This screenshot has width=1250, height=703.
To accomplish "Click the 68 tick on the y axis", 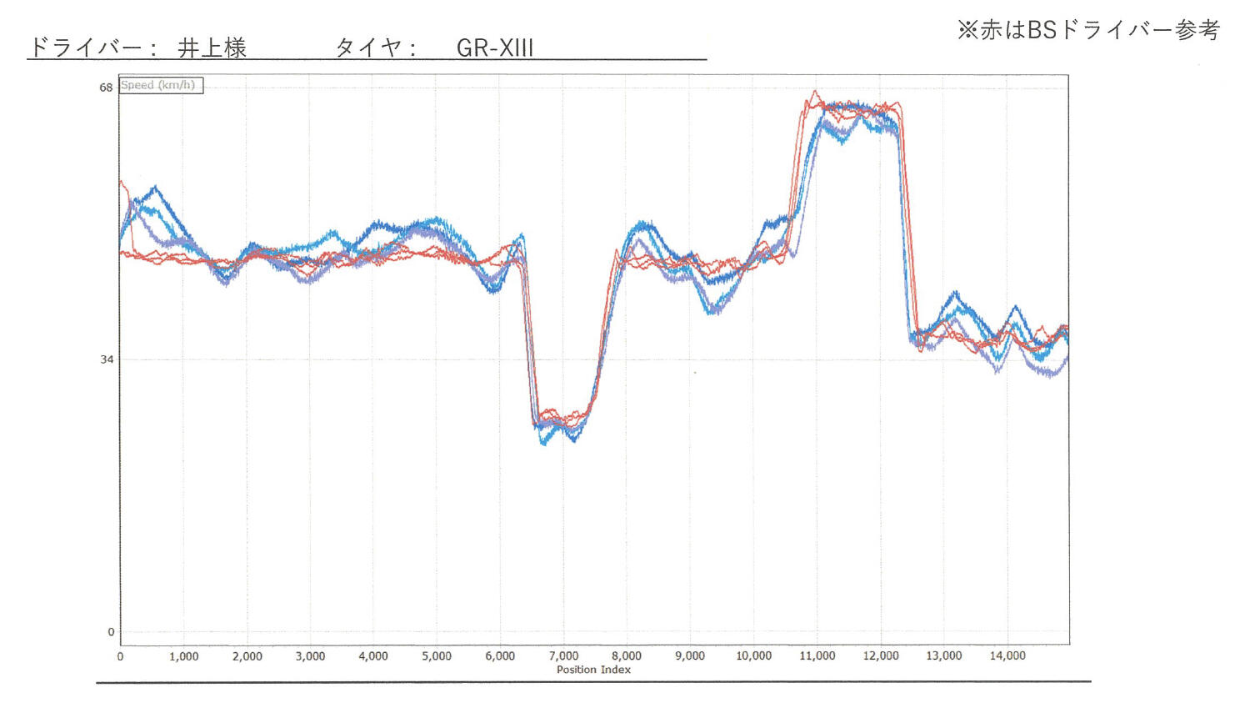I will pos(106,88).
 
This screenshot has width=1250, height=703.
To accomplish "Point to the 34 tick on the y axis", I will pos(107,359).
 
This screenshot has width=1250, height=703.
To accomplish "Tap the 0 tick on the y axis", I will pos(111,632).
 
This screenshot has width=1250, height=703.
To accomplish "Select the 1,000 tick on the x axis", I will pos(183,656).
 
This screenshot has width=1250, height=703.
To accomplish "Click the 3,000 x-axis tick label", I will pos(310,656).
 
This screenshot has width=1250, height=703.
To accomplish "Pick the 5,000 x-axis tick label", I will pos(437,656).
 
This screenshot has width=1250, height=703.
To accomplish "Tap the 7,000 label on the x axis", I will pos(563,656).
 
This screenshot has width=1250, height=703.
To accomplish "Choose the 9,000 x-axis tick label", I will pos(690,656).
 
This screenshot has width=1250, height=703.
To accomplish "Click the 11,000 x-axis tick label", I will pos(817,656).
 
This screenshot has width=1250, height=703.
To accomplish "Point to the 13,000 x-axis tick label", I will pos(943,656).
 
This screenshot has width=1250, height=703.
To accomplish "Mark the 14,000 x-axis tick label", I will pos(1007,656).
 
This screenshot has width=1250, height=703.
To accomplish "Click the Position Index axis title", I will pos(593,670).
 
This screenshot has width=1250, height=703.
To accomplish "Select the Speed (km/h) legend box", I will pos(160,85).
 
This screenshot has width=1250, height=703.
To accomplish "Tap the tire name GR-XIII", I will pos(494,48).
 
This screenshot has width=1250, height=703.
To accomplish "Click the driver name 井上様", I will pos(212,48).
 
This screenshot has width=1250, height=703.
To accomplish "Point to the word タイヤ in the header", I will pos(367,48).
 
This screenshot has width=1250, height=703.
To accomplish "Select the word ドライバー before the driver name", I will pos(85,48).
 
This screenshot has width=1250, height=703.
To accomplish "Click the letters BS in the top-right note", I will pos(1042,30).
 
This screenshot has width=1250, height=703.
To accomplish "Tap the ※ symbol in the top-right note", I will pos(967,30).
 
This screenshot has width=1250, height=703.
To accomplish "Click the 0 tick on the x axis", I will pos(120,656).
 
